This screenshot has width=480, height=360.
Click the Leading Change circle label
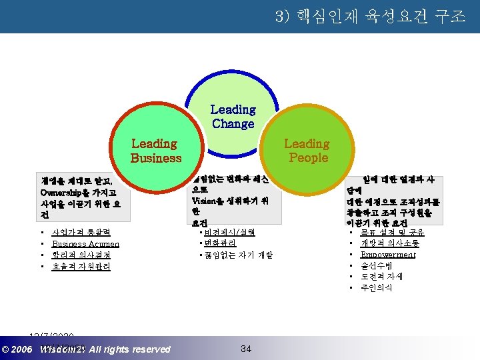233,117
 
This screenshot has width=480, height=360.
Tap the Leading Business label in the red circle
155,151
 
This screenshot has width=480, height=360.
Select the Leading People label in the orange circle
307,151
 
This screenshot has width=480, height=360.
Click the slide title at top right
370,16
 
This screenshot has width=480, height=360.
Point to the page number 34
245,348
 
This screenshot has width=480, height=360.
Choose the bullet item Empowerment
387,255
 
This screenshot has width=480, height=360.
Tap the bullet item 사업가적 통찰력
81,233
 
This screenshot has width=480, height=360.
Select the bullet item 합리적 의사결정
81,255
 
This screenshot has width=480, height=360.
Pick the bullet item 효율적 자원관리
81,266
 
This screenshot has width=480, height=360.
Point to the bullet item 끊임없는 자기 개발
237,255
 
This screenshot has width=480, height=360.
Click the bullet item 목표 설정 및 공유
392,233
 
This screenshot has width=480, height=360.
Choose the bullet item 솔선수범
377,265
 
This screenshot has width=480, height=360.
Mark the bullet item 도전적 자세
381,276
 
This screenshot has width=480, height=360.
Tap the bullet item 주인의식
377,287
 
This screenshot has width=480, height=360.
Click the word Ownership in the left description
63,193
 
